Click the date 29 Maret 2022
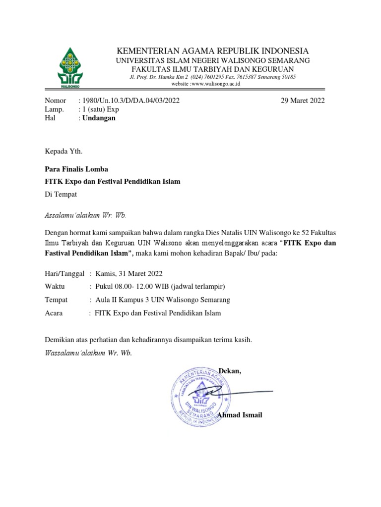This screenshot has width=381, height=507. (x=303, y=101)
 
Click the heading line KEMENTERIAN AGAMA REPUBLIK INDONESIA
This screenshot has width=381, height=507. (x=212, y=51)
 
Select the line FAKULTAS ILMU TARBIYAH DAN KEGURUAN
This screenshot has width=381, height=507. (x=212, y=69)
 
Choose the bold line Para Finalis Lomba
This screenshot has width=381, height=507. (x=76, y=169)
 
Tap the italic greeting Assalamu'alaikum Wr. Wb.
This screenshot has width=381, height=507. (x=85, y=215)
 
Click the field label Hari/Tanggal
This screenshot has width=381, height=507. (x=64, y=273)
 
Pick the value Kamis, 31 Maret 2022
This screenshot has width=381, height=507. (x=129, y=273)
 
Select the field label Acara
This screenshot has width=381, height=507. (x=54, y=313)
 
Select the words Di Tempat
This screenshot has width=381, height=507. (x=61, y=195)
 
